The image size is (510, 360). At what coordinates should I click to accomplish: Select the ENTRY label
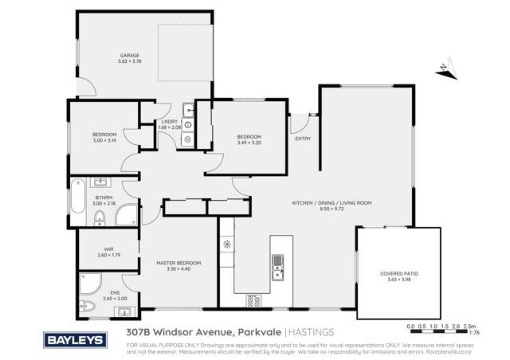click(x=303, y=139)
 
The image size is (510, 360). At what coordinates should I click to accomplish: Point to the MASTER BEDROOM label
click(x=178, y=263)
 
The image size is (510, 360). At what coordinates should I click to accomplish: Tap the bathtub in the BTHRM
click(x=78, y=197)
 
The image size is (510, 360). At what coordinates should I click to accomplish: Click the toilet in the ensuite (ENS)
click(x=90, y=305)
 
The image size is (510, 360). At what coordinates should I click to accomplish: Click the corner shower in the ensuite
click(x=89, y=282)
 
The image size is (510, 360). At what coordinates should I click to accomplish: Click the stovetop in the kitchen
click(x=254, y=300)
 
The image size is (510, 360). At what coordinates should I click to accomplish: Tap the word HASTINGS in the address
click(x=311, y=331)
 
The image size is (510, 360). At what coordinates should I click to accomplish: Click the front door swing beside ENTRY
click(x=297, y=124)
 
